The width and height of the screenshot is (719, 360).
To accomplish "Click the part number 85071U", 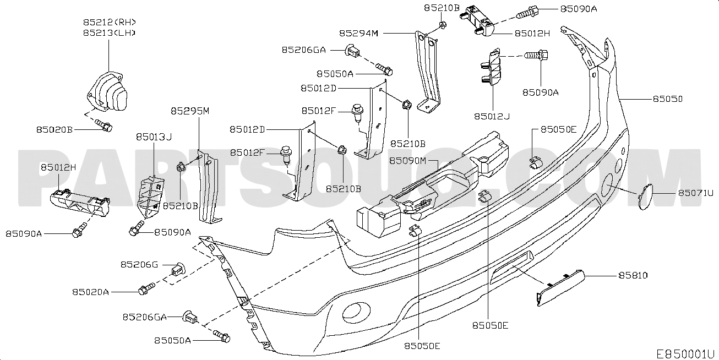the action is click(x=695, y=193).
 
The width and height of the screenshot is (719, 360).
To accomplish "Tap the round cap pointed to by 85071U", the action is click(x=645, y=197).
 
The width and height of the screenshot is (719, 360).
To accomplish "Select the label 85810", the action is click(x=633, y=276).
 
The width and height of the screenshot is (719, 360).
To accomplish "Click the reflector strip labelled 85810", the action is click(x=560, y=288).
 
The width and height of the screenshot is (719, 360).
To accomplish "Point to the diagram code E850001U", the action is click(x=685, y=354).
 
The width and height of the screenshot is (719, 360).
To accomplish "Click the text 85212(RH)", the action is click(x=110, y=22).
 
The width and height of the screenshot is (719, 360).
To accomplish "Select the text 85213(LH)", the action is click(x=109, y=32).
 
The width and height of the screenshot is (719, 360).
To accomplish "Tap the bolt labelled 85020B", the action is click(x=104, y=126).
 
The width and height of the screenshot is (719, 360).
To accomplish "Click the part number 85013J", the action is click(x=154, y=137).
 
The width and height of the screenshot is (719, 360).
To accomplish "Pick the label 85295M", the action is click(x=190, y=111).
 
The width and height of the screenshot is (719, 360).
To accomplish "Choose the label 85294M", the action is click(x=359, y=33).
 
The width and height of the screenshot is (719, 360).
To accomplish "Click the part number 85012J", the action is click(x=492, y=116).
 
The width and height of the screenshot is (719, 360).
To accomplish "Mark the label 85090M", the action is click(x=407, y=160).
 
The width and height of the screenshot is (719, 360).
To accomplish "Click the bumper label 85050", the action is click(x=668, y=99).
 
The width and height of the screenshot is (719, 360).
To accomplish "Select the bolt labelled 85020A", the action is click(x=146, y=288).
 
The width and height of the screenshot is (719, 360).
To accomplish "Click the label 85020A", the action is click(x=90, y=292).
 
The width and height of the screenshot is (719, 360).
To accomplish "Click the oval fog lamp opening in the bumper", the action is click(x=356, y=313).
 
